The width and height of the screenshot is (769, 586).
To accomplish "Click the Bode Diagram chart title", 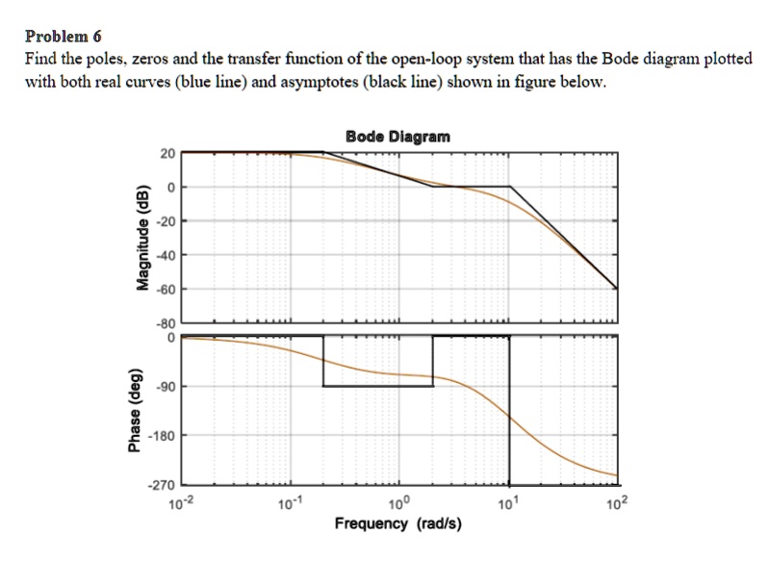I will tap(397, 137).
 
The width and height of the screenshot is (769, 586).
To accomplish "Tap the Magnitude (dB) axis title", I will tap(141, 238).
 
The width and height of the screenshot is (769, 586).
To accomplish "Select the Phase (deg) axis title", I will tap(141, 409).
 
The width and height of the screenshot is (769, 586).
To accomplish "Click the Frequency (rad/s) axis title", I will tap(397, 524).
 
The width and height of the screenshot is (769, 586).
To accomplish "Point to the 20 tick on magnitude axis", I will tap(167, 154).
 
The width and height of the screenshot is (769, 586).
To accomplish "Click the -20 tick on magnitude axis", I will tap(165, 221).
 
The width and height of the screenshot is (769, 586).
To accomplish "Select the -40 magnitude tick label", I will tap(165, 255).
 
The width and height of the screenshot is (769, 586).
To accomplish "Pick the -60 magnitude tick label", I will tap(165, 289).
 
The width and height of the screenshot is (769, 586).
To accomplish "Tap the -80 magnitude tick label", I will tap(165, 324).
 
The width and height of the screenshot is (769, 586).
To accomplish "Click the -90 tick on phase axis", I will tap(165, 387).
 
